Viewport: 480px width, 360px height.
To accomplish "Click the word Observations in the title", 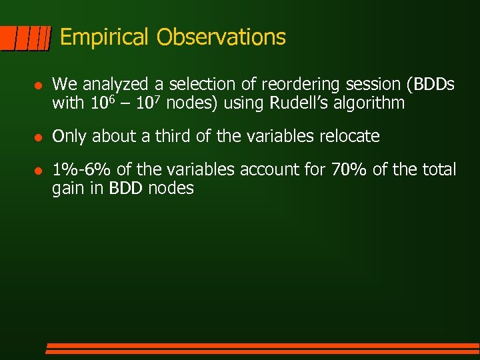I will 221,37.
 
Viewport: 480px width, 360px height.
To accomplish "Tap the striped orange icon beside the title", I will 25,39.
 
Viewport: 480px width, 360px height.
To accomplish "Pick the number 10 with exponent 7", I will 143,103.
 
